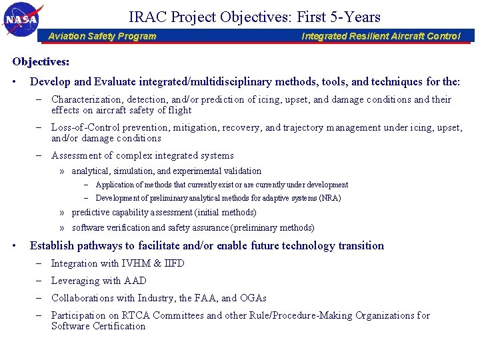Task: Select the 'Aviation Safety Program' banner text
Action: click(x=102, y=36)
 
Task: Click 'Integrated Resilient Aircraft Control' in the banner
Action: click(x=381, y=36)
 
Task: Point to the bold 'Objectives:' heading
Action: click(x=41, y=61)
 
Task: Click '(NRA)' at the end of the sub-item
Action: click(x=330, y=198)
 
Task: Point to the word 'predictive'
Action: click(x=90, y=212)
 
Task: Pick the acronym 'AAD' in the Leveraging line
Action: click(x=135, y=281)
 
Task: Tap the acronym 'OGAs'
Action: click(x=253, y=298)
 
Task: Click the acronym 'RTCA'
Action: click(x=131, y=315)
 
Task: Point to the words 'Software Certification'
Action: click(x=98, y=326)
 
